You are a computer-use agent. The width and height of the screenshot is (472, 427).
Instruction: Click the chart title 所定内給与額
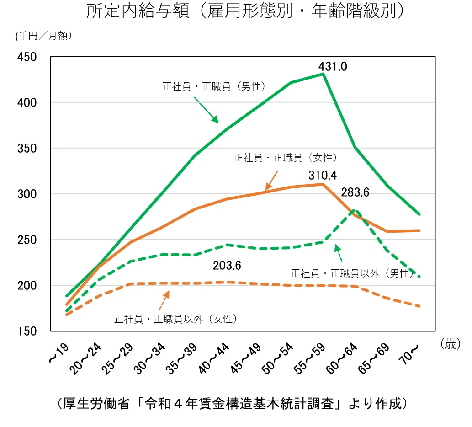[245, 12]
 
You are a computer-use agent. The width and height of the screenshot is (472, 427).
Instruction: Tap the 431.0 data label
[333, 67]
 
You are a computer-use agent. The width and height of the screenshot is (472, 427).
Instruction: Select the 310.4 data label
[323, 175]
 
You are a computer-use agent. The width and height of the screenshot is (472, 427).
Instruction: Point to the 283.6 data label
[355, 192]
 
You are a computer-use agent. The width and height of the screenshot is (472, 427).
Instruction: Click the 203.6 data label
[227, 265]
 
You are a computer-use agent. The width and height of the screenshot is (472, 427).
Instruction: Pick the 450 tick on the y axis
[27, 57]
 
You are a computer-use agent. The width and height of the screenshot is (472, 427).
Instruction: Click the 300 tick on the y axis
[27, 194]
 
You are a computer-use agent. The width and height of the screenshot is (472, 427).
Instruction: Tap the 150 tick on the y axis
[27, 331]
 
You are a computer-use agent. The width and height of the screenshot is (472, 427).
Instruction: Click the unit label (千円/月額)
[43, 37]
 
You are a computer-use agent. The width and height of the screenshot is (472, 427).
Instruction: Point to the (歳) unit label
[450, 344]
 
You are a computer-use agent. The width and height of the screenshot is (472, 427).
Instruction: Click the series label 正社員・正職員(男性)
[214, 86]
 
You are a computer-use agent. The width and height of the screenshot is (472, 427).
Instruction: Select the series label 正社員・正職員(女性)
[286, 158]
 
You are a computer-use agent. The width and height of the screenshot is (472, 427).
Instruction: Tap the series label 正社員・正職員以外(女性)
[175, 319]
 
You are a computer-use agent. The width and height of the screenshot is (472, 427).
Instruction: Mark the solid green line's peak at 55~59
[323, 74]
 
